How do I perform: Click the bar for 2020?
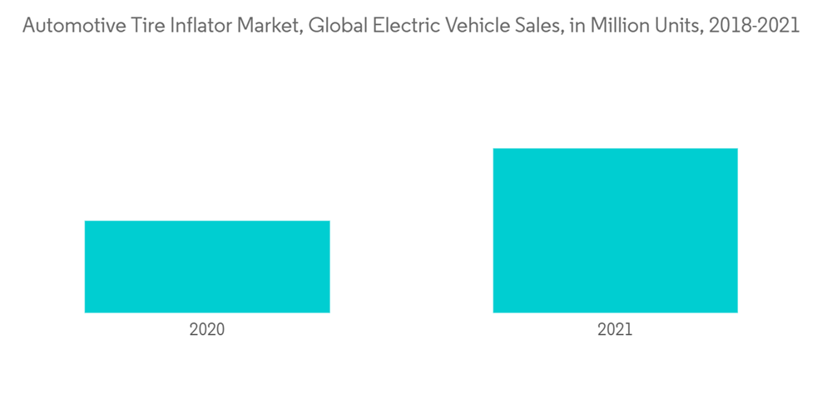(x=207, y=267)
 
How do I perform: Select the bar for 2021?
(x=615, y=230)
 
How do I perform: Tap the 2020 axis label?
(x=207, y=329)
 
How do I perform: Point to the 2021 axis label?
(x=615, y=329)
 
